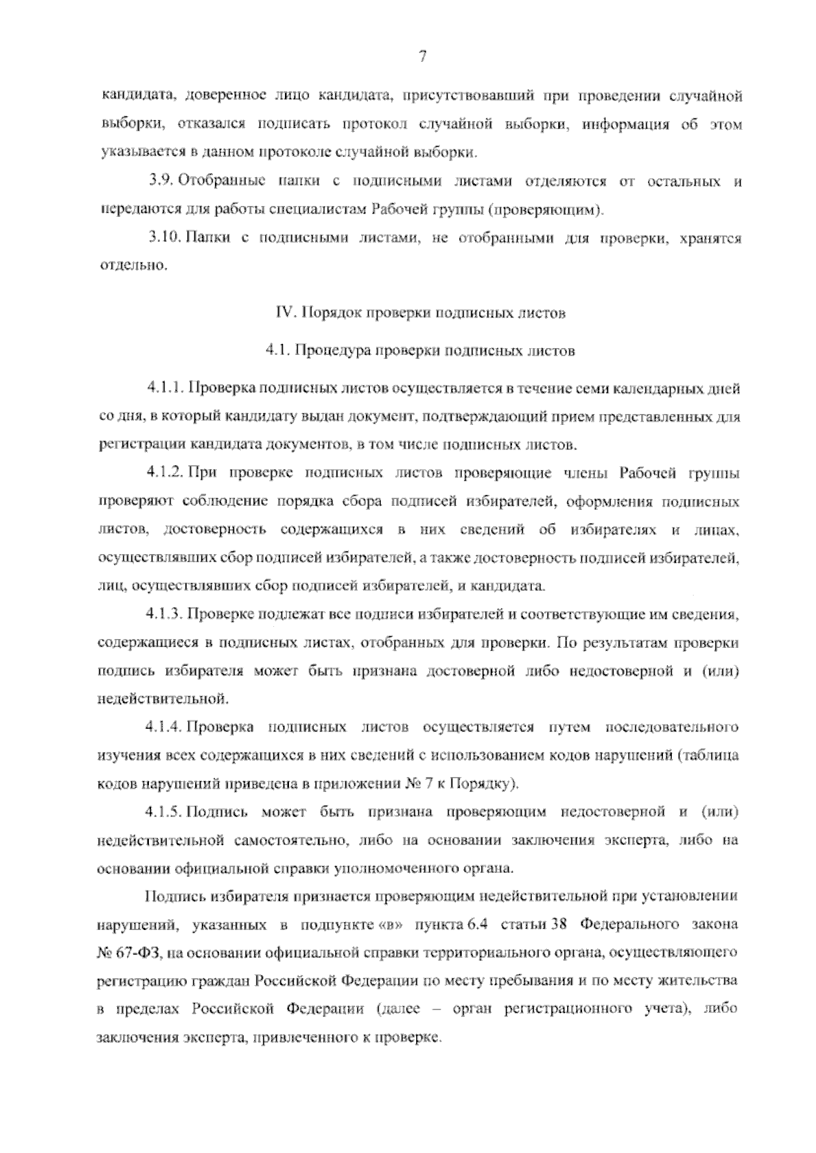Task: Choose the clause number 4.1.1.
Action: [x=165, y=388]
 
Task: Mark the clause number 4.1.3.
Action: [x=165, y=614]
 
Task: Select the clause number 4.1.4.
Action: [x=165, y=727]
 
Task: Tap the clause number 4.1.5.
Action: [x=165, y=811]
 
